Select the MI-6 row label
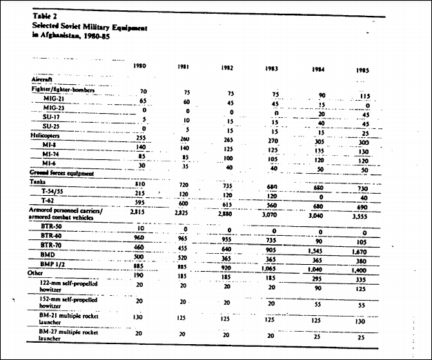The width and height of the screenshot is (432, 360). tap(50, 163)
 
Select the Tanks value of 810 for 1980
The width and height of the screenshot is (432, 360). tap(140, 184)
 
